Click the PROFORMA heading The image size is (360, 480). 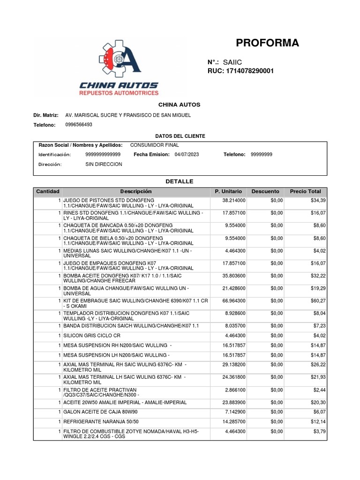(x=267, y=43)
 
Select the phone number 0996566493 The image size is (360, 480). (x=79, y=125)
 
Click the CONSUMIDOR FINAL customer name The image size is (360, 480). (x=154, y=145)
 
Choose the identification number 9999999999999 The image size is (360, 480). (x=103, y=154)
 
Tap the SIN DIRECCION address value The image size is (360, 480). (x=104, y=165)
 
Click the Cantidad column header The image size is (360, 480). (x=48, y=192)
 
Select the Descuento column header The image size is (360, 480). (x=265, y=192)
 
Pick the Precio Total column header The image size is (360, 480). (x=306, y=192)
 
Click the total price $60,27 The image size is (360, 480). (x=318, y=300)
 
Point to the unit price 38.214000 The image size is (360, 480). (x=234, y=201)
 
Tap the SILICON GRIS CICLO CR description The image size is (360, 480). (x=92, y=335)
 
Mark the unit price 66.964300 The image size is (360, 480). (x=234, y=300)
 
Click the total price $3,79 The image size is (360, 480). (x=319, y=431)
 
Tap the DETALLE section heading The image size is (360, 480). (x=180, y=181)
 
